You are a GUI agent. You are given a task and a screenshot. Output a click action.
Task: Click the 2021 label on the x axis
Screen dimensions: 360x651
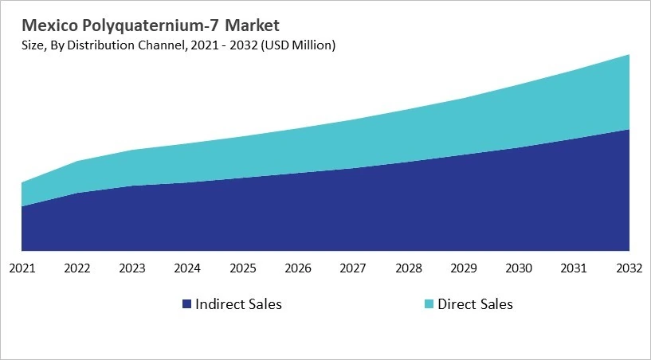coord(22,268)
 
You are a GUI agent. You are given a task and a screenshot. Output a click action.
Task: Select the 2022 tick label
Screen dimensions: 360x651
coord(77,268)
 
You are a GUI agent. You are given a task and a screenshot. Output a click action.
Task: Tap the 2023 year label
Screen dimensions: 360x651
coord(132,268)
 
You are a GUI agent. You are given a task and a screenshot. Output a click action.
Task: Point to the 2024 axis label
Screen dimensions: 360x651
coord(187,268)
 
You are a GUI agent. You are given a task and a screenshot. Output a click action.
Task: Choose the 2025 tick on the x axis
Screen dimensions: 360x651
coord(243,268)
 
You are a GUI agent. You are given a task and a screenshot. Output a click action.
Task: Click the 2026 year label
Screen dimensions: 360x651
coord(298,268)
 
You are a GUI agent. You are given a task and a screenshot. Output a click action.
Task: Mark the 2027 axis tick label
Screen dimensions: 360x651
coord(353,268)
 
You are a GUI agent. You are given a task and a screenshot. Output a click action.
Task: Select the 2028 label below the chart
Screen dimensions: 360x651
coord(409,268)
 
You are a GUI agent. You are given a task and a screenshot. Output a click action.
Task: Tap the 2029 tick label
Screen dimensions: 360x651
coord(464,268)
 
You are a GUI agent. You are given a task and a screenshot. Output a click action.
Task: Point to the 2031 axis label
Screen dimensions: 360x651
coord(575,268)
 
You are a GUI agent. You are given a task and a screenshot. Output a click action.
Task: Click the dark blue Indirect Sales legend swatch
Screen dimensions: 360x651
coord(186,304)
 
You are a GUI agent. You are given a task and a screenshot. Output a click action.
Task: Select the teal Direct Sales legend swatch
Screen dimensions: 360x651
coord(429,304)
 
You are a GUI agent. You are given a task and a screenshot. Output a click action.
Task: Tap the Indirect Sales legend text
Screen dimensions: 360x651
coord(239,304)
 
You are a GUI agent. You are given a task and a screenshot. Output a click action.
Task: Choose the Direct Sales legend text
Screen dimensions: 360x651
coord(476,304)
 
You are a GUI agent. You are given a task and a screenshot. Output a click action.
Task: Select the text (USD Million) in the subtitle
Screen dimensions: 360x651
coord(298,45)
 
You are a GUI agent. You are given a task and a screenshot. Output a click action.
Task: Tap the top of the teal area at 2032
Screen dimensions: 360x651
coord(629,56)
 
